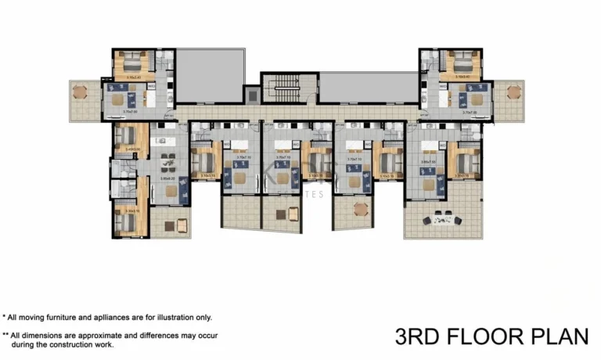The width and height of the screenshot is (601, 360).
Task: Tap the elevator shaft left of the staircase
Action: [252, 95]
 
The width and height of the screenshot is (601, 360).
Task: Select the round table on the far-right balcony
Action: [513, 92]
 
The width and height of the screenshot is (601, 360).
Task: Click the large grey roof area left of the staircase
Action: [210, 75]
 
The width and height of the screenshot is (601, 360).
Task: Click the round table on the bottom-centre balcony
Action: [361, 209]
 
